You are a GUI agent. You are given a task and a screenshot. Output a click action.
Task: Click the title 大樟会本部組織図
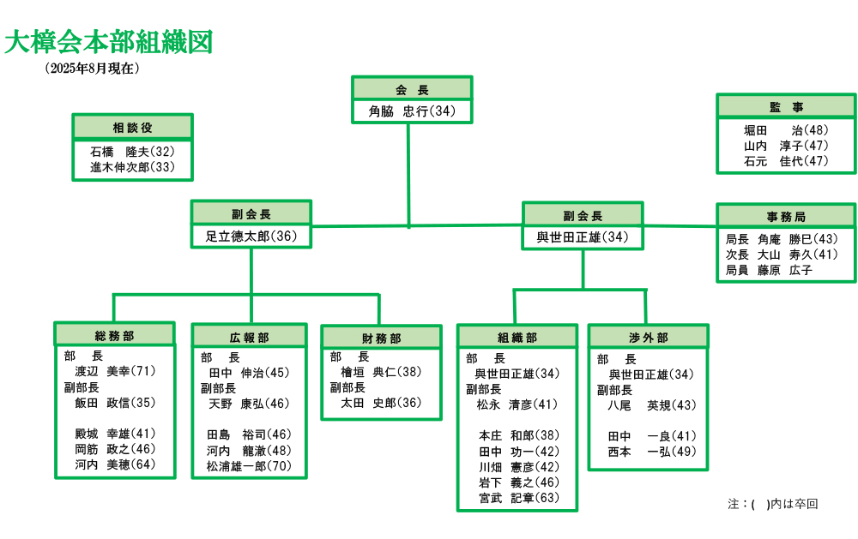108,43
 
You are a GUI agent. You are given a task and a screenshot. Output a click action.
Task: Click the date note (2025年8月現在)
93,69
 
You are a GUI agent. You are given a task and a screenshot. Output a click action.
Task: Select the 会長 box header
412,89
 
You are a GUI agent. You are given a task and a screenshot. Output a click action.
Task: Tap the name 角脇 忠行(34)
412,111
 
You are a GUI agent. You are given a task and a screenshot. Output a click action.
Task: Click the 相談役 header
132,128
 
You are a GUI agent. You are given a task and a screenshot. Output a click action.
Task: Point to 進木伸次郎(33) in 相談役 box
132,167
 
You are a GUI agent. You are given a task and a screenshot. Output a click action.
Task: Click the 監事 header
786,107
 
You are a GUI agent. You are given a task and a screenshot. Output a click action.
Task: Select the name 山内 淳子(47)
786,146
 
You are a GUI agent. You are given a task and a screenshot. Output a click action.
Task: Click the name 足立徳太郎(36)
251,237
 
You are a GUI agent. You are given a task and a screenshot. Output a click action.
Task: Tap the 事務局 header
786,217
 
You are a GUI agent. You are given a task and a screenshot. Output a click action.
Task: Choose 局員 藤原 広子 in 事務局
770,270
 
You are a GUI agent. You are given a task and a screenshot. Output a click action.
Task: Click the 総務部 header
114,336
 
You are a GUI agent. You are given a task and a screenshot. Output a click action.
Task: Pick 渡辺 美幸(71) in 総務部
116,371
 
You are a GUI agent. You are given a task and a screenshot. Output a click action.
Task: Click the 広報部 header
250,338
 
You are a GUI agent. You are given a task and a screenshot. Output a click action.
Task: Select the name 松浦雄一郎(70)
249,466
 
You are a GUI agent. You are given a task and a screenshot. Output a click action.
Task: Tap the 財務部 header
382,338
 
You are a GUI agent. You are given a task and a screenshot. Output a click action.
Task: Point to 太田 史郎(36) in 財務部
382,403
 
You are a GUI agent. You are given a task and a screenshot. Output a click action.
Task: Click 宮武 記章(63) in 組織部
519,498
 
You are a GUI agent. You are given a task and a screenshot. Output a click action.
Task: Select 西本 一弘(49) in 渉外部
652,452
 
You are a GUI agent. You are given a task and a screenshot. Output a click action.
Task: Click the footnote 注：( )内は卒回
773,504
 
